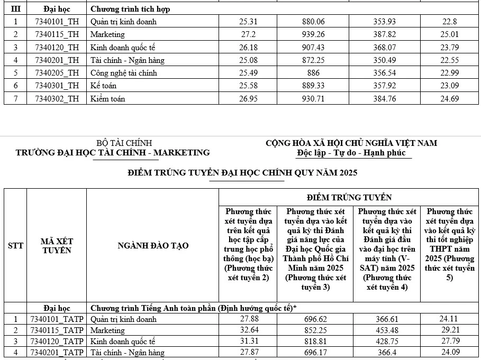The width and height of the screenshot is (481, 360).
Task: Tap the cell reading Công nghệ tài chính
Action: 124,73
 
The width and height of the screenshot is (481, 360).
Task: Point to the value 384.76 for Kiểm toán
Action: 387,98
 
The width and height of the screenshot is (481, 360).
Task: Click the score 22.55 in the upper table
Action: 451,60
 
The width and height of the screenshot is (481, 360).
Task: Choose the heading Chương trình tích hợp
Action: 130,9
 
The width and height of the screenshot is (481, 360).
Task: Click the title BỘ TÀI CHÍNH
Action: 124,143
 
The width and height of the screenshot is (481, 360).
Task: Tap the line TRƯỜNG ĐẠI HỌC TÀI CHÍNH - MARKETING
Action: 113,153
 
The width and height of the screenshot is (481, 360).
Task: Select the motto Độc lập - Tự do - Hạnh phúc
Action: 351,153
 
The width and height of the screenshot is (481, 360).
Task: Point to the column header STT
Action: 15,246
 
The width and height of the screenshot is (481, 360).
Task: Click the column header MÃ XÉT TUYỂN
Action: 57,246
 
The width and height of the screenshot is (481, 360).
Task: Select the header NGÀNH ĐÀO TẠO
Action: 152,246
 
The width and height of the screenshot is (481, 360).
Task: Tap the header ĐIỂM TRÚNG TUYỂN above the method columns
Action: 349,197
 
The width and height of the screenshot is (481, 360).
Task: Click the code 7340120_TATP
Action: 57,341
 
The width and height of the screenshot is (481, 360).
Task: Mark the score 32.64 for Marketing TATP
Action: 248,330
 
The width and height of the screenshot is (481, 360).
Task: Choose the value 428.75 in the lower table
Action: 387,341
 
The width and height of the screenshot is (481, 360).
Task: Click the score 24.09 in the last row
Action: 451,352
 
